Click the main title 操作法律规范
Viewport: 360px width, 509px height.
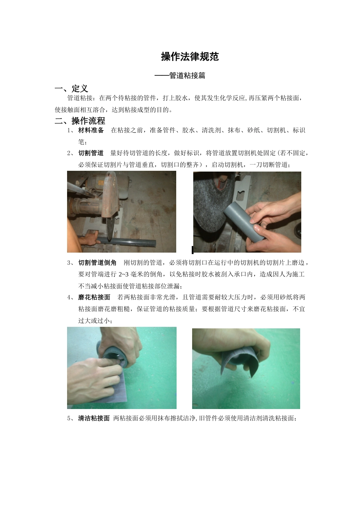[190, 57]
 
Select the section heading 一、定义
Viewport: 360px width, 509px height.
[72, 89]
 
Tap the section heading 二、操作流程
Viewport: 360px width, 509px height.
[80, 121]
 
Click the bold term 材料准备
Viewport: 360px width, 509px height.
[91, 130]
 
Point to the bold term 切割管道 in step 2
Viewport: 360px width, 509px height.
[91, 153]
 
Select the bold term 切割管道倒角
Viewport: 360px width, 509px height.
[97, 262]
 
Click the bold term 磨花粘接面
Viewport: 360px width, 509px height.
[94, 297]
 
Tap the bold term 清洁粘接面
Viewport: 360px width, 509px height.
[94, 418]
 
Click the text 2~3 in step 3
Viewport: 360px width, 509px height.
[124, 274]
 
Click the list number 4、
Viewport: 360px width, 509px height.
[70, 297]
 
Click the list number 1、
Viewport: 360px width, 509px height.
[70, 130]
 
